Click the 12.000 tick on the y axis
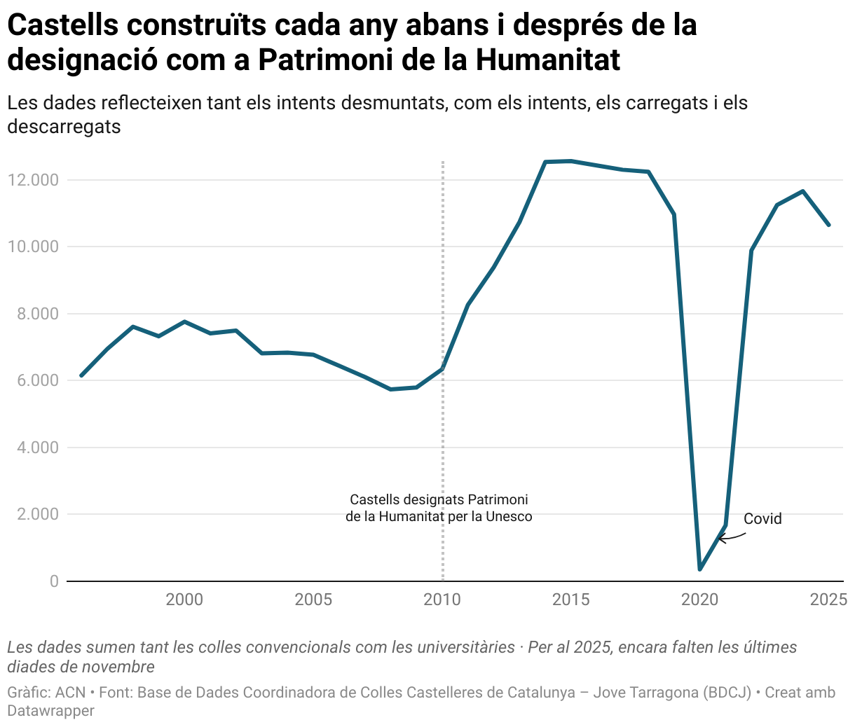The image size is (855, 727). point(33,180)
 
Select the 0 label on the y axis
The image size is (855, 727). point(54,581)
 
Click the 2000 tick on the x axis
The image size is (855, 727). point(184,600)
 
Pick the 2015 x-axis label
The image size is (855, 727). point(571,600)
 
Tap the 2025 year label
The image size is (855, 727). point(828,600)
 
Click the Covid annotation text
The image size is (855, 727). point(762,519)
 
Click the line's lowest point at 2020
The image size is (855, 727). point(699,569)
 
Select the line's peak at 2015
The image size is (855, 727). point(571,161)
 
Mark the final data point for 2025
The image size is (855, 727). point(829,225)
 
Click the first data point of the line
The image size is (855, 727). point(81,375)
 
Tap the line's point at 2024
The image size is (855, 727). point(803,191)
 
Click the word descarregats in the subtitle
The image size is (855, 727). point(64,127)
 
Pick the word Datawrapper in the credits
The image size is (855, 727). point(50,710)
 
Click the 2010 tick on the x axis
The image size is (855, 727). point(442,600)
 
